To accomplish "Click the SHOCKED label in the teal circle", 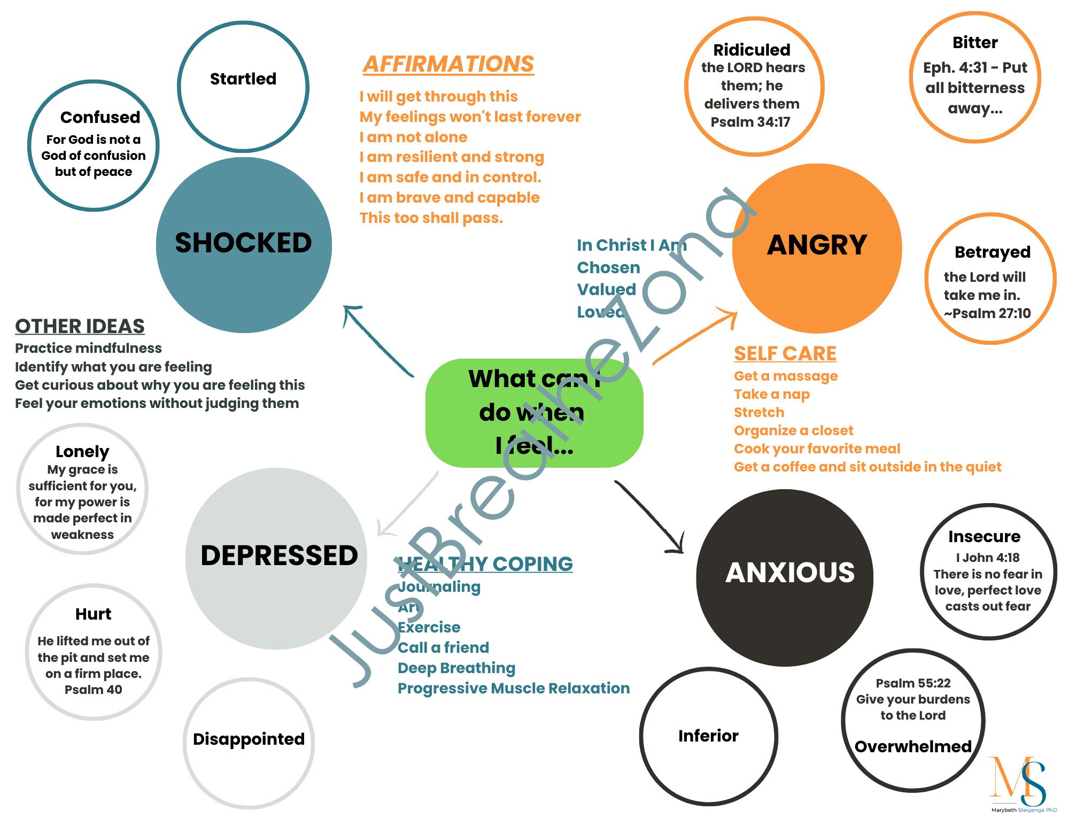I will [243, 243].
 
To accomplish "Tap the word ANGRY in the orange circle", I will [817, 245].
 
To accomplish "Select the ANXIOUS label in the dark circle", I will [789, 573].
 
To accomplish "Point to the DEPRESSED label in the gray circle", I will [279, 555].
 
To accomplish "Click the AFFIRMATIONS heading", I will [448, 64].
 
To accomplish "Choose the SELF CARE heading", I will [785, 353].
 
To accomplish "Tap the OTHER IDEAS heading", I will [80, 326].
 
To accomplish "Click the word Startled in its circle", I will [243, 79].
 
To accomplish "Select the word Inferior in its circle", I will [708, 736].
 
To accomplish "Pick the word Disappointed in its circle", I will [249, 739].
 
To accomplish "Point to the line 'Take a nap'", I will [771, 395].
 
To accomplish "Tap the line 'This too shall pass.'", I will [431, 218].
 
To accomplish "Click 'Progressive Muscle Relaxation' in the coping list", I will [513, 689].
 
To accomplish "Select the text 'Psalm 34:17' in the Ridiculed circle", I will [750, 122].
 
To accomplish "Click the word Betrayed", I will [992, 252].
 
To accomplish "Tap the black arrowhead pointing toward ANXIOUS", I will [677, 545].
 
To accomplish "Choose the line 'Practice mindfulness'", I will [88, 349].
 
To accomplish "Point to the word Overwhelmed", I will [913, 747].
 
